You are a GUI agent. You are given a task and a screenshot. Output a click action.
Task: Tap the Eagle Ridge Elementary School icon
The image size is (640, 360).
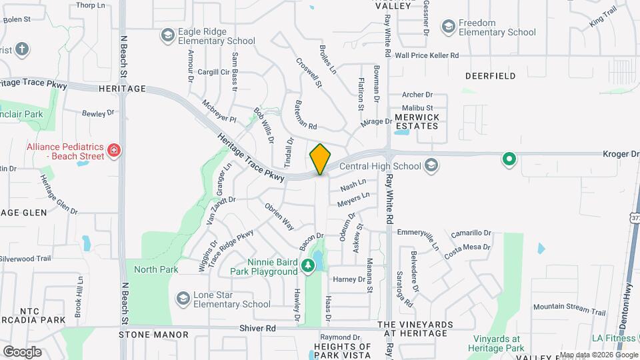(167, 35)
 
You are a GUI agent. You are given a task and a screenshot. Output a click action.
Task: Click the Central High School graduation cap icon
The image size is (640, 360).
(431, 166)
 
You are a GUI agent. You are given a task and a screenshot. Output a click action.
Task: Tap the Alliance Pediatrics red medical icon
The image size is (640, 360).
(114, 151)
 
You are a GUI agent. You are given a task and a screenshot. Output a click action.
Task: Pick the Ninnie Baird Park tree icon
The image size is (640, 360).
(307, 266)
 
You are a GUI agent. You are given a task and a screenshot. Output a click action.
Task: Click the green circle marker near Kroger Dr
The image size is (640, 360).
(509, 159)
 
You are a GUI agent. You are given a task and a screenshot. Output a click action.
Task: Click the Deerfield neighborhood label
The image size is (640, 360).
(490, 76)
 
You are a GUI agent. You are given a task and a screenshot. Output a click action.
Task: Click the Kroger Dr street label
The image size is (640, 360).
(621, 154)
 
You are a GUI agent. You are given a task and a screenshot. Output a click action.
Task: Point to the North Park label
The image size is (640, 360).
(156, 269)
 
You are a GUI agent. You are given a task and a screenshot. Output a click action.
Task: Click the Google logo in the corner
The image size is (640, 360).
(22, 351)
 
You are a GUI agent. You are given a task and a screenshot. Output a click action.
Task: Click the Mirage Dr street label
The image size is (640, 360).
(377, 122)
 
